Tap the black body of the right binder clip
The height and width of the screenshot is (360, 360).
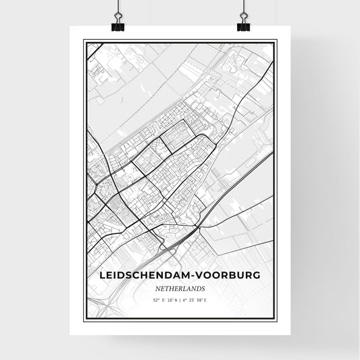243,28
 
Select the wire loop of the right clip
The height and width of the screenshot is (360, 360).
243,18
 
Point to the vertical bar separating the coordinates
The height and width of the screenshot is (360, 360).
180,300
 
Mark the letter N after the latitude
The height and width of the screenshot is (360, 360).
176,300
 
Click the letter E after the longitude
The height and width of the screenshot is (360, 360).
206,300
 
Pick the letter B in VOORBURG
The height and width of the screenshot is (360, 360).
240,276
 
